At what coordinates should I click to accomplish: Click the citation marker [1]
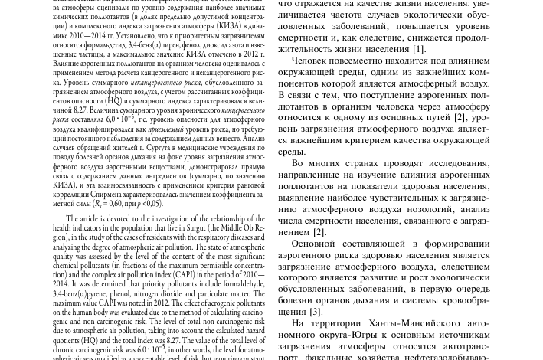(x=418, y=49)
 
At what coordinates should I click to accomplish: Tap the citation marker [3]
(x=315, y=312)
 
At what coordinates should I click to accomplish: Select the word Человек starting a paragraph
(x=315, y=61)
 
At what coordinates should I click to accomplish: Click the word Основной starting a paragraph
(x=319, y=244)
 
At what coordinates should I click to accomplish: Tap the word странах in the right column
(x=352, y=163)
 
